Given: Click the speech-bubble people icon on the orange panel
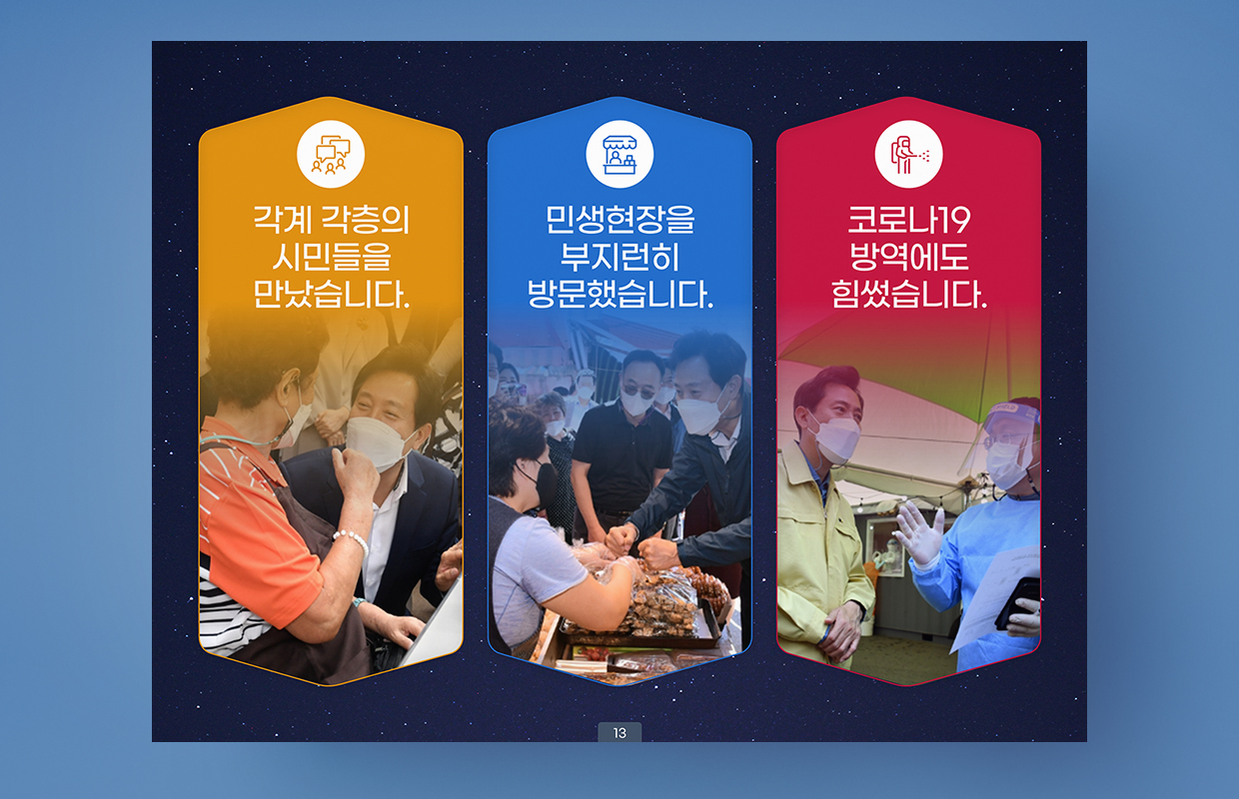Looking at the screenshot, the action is click(x=331, y=154).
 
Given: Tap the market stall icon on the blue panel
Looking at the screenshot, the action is click(x=619, y=154).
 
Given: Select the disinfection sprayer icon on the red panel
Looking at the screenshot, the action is click(x=909, y=154).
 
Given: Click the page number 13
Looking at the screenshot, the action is click(x=619, y=733).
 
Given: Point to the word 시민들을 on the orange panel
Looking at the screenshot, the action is click(x=332, y=257).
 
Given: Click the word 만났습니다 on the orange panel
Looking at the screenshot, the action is click(x=332, y=294).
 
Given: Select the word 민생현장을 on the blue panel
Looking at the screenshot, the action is click(x=620, y=220).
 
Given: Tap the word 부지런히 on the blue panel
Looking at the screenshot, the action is click(x=620, y=257).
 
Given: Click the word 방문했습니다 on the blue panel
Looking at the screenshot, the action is click(x=620, y=294).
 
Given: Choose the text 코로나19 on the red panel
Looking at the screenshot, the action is click(x=909, y=220).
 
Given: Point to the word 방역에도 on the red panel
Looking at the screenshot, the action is click(x=909, y=257).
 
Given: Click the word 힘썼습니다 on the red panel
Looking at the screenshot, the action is click(x=909, y=294).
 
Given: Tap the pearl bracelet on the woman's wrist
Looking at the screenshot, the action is click(x=352, y=540).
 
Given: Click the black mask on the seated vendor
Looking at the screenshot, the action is click(x=544, y=483).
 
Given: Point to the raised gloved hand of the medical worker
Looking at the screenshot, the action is click(x=918, y=533).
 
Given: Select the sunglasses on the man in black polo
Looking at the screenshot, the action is click(x=637, y=391).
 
